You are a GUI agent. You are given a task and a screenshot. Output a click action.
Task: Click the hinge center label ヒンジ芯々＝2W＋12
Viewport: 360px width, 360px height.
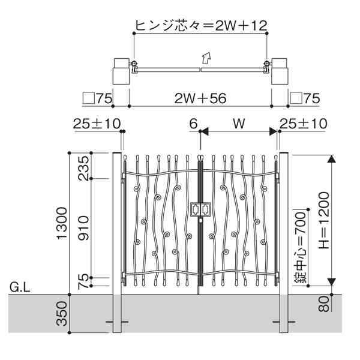click(x=202, y=25)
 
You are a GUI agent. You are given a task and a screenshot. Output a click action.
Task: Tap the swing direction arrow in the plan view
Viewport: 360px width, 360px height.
click(x=206, y=58)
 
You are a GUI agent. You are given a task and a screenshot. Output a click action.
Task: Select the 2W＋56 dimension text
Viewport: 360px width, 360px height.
click(x=200, y=98)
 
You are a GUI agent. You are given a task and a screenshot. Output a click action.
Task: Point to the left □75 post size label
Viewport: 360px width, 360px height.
click(x=97, y=98)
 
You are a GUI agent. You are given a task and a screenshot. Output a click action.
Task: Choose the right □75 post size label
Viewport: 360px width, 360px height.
click(x=305, y=98)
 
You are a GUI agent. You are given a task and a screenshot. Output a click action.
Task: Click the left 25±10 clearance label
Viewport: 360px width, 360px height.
click(x=97, y=124)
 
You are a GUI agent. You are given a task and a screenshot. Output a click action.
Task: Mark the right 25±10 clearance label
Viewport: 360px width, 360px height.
click(x=304, y=124)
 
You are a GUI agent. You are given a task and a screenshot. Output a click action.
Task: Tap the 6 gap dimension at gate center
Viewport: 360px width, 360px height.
click(x=193, y=124)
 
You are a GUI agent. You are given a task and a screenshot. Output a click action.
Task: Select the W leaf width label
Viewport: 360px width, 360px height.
click(x=239, y=124)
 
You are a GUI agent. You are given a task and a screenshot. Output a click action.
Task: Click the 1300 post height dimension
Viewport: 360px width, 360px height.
click(x=62, y=223)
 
